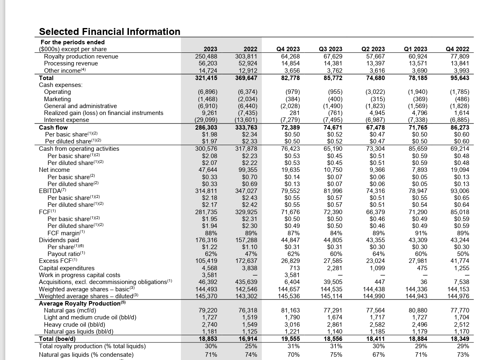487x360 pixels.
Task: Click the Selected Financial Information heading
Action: (109, 32)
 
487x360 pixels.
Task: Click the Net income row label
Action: (54, 170)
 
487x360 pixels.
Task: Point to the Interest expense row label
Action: (66, 120)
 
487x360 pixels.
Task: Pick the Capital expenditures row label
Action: (67, 268)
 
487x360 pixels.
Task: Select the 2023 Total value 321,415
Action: (207, 78)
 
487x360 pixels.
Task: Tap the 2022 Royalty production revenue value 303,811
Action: (246, 56)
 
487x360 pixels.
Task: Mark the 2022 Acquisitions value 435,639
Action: (246, 282)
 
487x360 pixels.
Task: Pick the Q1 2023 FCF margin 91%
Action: (421, 233)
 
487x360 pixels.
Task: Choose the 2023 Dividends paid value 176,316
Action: (207, 240)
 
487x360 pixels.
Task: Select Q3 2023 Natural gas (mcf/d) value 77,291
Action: (332, 310)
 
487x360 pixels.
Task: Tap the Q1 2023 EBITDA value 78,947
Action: (417, 191)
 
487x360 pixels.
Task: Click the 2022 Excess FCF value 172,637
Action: (246, 261)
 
